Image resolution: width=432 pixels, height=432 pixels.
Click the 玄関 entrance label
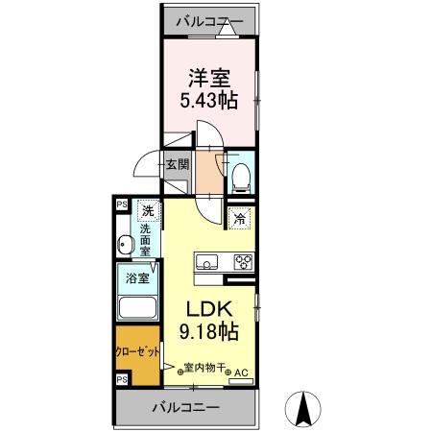point(178,164)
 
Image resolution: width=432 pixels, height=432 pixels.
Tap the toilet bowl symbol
point(243,173)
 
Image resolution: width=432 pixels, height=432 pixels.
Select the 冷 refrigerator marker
point(240,219)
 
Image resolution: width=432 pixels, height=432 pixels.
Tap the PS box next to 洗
point(122,204)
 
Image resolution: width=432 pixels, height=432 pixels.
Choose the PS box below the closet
point(122,381)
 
